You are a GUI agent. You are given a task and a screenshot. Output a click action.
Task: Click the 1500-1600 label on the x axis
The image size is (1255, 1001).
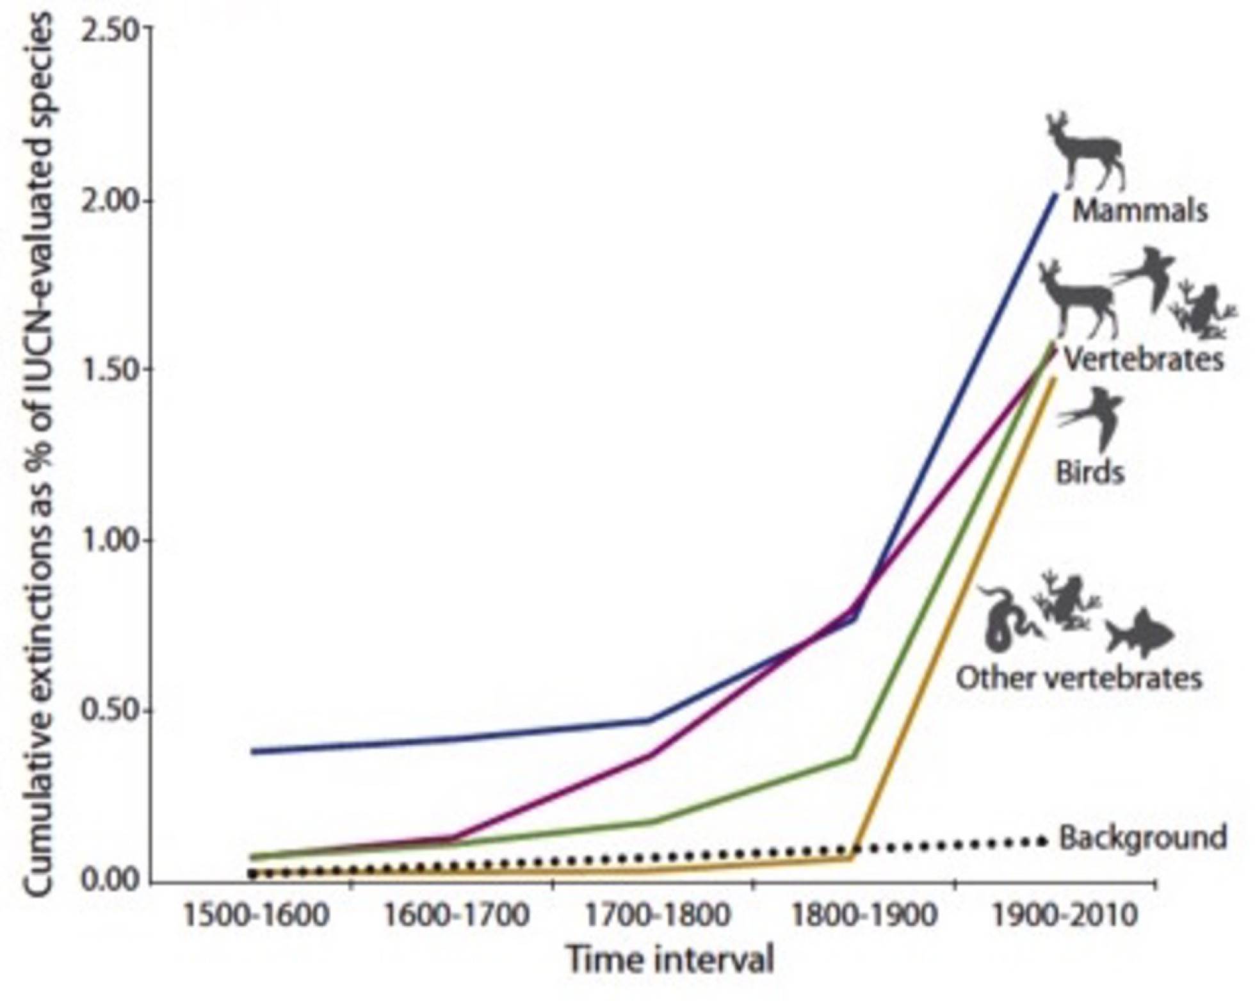click(x=255, y=915)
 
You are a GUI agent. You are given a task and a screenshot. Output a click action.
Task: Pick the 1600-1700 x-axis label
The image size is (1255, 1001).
click(x=457, y=915)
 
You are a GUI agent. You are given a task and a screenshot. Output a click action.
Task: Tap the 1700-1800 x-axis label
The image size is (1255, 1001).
click(x=658, y=915)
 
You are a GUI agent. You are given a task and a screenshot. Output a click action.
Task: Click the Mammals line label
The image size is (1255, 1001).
click(x=1140, y=211)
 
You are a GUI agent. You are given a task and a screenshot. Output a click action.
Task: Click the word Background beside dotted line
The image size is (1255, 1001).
click(x=1143, y=838)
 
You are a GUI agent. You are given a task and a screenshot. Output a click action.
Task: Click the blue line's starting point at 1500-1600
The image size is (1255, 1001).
click(x=254, y=751)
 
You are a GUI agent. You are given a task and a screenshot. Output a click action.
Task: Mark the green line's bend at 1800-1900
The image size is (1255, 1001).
click(x=852, y=756)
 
